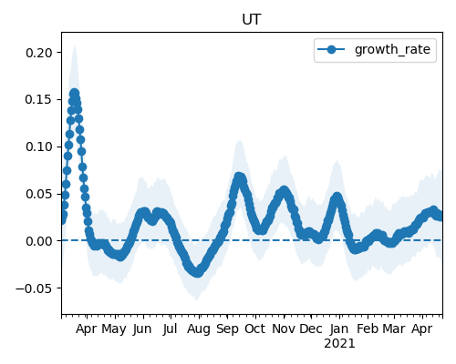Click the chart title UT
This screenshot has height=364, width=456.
252,20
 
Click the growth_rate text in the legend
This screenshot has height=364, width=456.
392,49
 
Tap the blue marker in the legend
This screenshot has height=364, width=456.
331,49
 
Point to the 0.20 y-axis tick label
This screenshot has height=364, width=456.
39,53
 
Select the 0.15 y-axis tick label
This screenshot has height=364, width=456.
39,100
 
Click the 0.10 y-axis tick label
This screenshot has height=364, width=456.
39,147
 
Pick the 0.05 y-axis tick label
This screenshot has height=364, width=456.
39,194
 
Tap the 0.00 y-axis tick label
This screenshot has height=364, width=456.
39,241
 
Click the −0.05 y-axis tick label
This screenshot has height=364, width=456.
35,288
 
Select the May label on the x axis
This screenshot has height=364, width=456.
114,329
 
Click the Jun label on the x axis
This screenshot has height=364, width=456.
142,329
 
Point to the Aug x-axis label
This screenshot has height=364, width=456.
198,329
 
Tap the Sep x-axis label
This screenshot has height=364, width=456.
227,329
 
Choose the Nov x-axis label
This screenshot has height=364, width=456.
284,329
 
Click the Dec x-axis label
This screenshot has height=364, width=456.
311,329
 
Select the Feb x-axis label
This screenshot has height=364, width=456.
368,329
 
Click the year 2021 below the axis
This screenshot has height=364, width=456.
339,344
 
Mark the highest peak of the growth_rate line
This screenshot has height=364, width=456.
75,94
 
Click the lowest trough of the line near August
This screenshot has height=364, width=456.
198,272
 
